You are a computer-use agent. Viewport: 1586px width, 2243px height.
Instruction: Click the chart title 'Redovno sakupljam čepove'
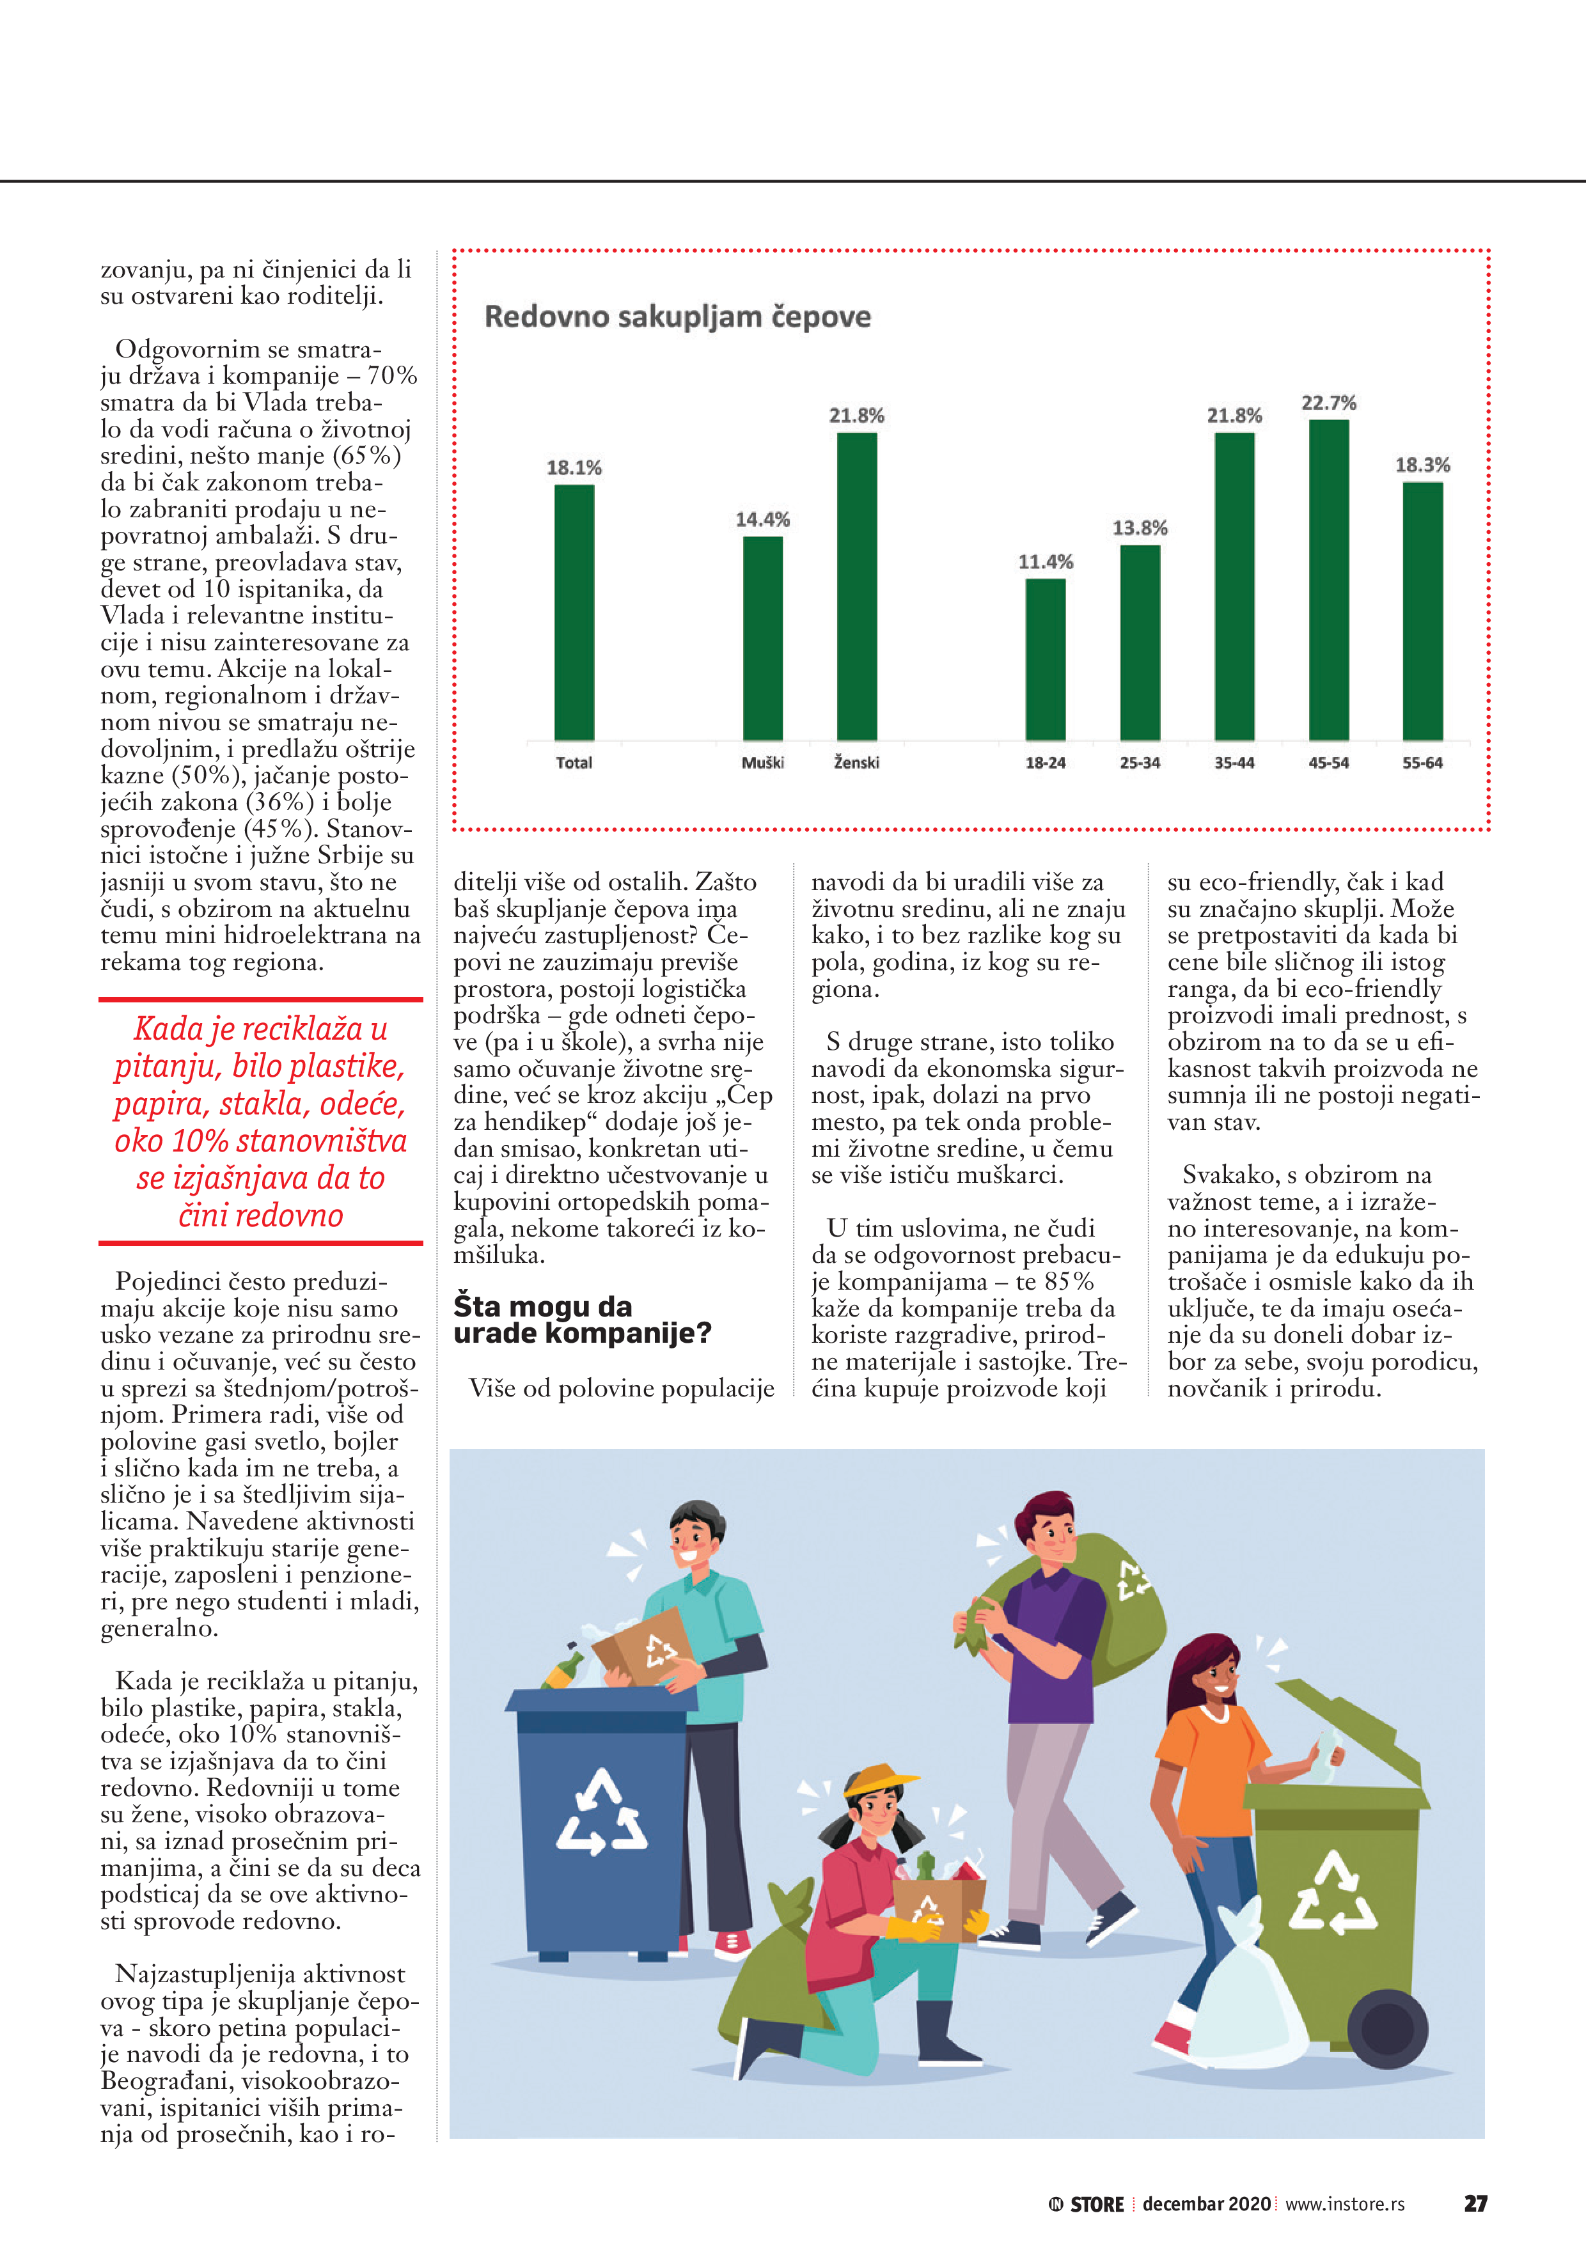pyautogui.click(x=677, y=317)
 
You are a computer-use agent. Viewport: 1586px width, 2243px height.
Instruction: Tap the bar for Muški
pyautogui.click(x=762, y=638)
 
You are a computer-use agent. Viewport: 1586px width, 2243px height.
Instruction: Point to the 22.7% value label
pyautogui.click(x=1328, y=402)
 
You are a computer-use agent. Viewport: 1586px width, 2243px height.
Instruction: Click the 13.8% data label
pyautogui.click(x=1140, y=528)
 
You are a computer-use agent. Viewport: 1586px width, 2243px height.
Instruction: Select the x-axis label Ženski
pyautogui.click(x=856, y=763)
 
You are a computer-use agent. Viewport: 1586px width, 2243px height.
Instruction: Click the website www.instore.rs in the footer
pyautogui.click(x=1345, y=2204)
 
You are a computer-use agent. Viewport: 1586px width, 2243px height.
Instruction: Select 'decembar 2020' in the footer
pyautogui.click(x=1206, y=2204)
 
